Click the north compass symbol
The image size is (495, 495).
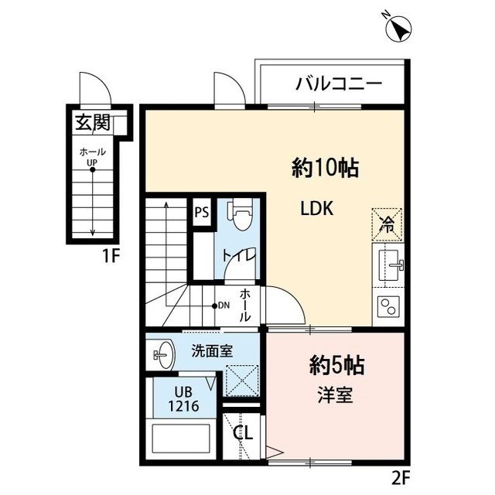(399, 29)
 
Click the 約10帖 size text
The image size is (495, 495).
(325, 167)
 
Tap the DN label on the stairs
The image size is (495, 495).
(222, 306)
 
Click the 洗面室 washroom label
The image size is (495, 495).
(212, 350)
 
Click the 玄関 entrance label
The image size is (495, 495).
(92, 121)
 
